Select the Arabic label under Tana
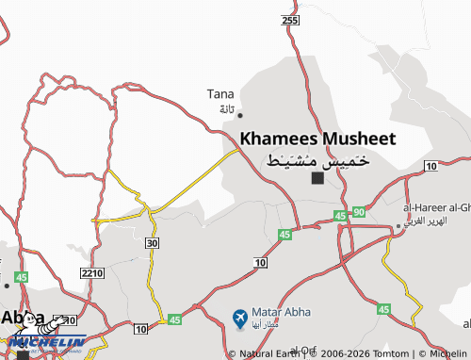(226, 109)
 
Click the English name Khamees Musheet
(317, 138)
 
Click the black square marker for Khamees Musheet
(317, 177)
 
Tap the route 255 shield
(289, 20)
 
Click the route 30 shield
(151, 242)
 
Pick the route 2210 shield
(91, 273)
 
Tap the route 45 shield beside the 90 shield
(340, 217)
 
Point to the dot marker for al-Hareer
(398, 226)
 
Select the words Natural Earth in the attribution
(270, 353)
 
